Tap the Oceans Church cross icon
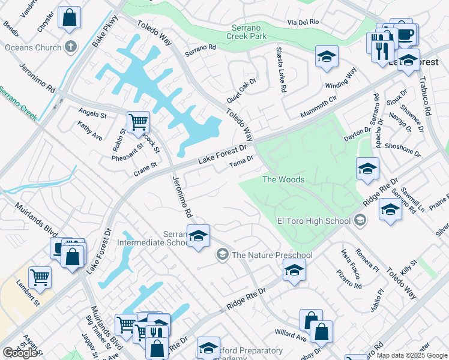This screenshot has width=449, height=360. coord(71,47)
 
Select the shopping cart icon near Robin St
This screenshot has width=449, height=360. coord(139,122)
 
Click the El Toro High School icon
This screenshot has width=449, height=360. coord(360,220)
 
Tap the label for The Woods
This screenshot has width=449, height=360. coord(283,179)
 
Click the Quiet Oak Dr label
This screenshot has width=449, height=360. coord(241,90)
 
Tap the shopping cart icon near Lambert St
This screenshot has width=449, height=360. coord(40,277)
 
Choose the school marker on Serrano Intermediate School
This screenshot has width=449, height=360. coord(198,236)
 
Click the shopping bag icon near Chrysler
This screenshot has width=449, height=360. coord(70,17)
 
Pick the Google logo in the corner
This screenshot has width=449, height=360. coord(20,353)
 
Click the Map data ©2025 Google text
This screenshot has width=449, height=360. coord(412,355)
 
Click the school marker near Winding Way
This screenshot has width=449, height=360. coord(327,56)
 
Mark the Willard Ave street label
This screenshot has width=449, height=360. coord(291,334)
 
